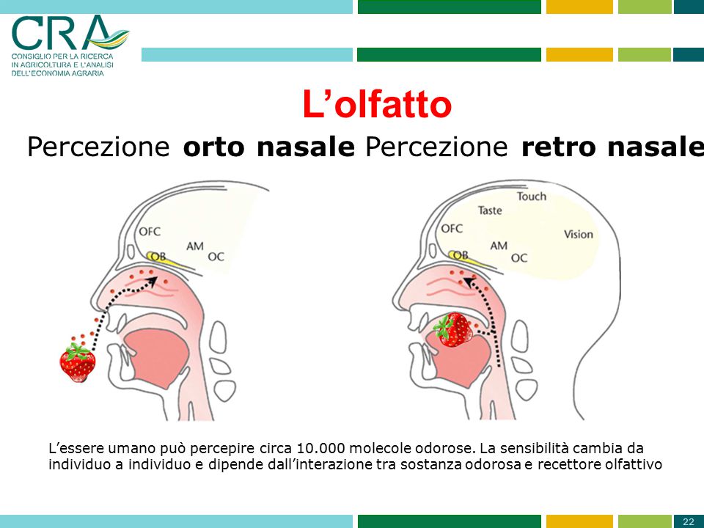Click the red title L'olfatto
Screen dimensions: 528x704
[376, 105]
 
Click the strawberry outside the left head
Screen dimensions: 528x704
[78, 361]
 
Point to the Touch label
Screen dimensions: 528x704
[531, 196]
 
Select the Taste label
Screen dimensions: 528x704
[490, 210]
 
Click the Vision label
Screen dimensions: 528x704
[578, 234]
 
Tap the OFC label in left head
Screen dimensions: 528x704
[150, 232]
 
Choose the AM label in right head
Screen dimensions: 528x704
[499, 246]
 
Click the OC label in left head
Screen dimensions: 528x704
[216, 257]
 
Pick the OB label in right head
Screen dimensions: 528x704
[460, 254]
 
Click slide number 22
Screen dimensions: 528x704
[688, 521]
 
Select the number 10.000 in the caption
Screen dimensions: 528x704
[323, 448]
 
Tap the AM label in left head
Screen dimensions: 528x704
[194, 246]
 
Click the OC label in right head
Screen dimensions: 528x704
[518, 257]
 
